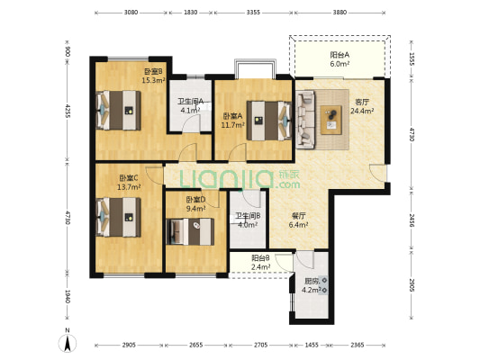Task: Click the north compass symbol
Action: [x=68, y=341]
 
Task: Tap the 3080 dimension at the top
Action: [x=131, y=13]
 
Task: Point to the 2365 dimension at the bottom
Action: [x=358, y=345]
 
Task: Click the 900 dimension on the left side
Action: [x=68, y=51]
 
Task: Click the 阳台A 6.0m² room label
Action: [x=340, y=59]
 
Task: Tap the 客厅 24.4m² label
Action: [x=362, y=106]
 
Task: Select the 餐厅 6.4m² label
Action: [x=298, y=220]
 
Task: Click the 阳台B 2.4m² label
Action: [x=260, y=263]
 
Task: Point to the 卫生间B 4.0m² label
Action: [x=248, y=220]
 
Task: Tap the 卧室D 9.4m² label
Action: [x=196, y=204]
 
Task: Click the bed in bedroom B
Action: [x=118, y=111]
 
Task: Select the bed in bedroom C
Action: [x=118, y=217]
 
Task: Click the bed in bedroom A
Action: [x=269, y=121]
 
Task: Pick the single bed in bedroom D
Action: [x=190, y=231]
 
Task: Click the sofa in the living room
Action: [x=305, y=120]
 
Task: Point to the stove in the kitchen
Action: [x=324, y=285]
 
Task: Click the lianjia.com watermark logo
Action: [x=240, y=179]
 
